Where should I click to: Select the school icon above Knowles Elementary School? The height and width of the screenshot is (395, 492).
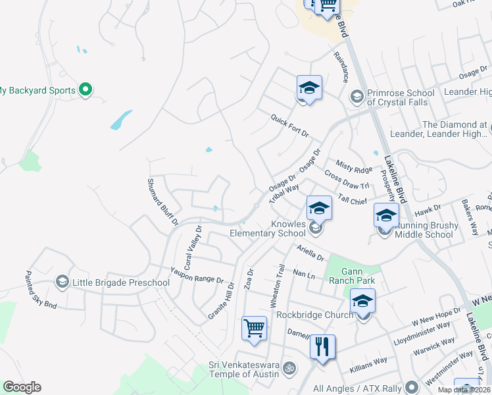pyautogui.click(x=319, y=208)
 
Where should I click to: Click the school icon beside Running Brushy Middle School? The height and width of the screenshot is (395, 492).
pyautogui.click(x=386, y=215)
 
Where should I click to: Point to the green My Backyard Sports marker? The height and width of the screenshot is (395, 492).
pyautogui.click(x=85, y=89)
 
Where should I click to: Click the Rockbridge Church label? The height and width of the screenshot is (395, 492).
pyautogui.click(x=315, y=315)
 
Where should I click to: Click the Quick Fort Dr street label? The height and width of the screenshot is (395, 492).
pyautogui.click(x=289, y=125)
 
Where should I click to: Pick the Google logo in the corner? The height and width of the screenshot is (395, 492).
pyautogui.click(x=22, y=387)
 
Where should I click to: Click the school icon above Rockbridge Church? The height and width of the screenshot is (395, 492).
pyautogui.click(x=362, y=300)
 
